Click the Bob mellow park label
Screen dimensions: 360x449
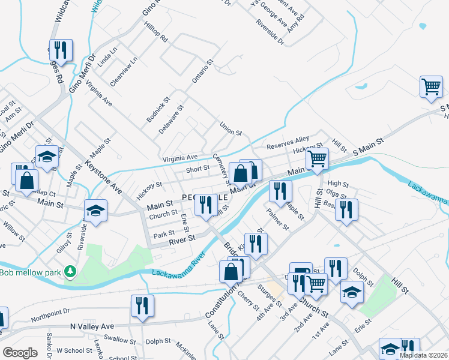(x=31, y=273)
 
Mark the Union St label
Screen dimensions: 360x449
(x=231, y=128)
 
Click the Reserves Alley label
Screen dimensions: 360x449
(x=288, y=142)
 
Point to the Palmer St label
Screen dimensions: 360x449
(x=278, y=219)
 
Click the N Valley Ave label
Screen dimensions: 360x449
(x=91, y=326)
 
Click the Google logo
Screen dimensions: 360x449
(x=20, y=352)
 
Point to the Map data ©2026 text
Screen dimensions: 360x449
(x=423, y=355)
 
